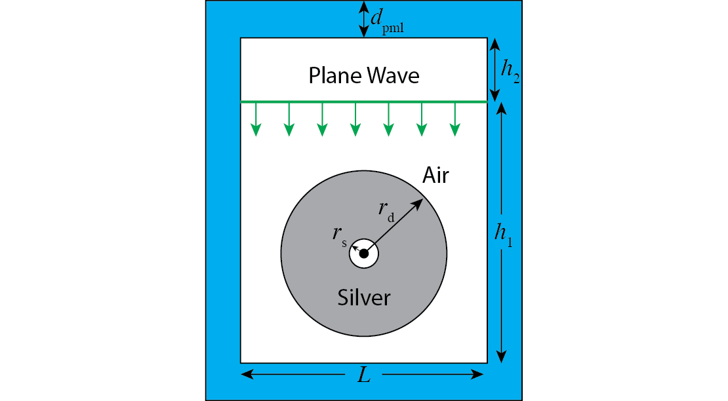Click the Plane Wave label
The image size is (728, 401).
tap(364, 76)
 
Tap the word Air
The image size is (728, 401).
tap(435, 175)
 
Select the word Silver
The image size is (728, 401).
tap(364, 297)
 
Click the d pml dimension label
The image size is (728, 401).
tap(386, 21)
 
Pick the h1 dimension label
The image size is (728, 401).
tap(504, 234)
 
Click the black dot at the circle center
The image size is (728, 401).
tap(364, 254)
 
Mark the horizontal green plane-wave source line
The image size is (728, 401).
tap(364, 102)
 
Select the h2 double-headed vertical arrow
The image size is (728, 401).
tap(495, 69)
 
